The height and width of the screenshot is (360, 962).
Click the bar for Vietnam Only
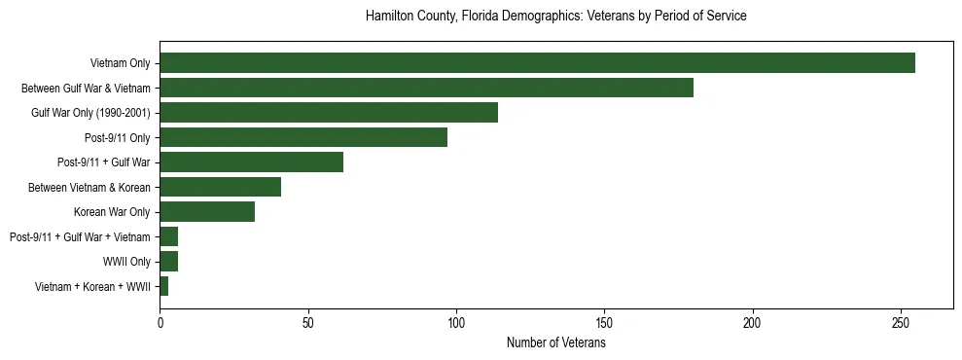pos(537,63)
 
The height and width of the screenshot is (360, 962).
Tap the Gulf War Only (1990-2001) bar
pos(329,113)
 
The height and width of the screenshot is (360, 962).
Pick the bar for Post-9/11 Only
pos(303,137)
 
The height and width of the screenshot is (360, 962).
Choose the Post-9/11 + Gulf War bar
pos(251,162)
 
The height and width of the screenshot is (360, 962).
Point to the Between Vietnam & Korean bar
pos(220,187)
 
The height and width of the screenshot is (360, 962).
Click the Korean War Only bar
pos(207,212)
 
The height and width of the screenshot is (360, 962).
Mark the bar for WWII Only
pos(168,262)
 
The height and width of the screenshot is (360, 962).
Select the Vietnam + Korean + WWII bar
pos(163,286)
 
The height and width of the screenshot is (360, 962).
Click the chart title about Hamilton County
pos(555,17)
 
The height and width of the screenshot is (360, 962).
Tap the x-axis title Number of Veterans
pos(555,343)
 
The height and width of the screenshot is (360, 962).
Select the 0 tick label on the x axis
pos(160,322)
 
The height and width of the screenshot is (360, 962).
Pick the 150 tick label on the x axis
pos(604,322)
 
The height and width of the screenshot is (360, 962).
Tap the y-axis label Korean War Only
pos(112,212)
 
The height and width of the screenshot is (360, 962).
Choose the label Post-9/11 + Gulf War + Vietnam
pos(80,236)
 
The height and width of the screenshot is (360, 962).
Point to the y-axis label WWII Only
pos(126,262)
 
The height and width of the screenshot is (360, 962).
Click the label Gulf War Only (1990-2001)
pos(90,113)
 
